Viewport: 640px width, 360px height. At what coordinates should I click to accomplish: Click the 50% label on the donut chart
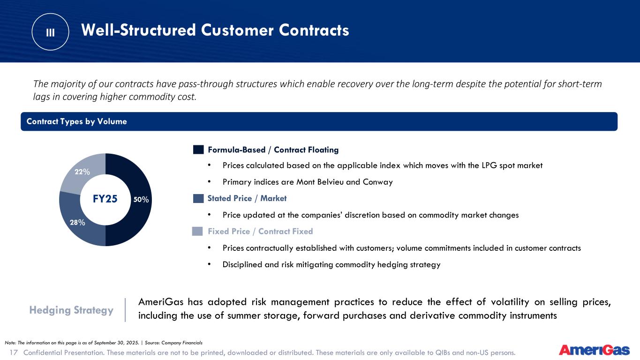[x=141, y=200]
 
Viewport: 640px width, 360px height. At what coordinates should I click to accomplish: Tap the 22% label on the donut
[x=83, y=172]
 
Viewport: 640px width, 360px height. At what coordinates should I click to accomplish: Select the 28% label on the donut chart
[x=77, y=222]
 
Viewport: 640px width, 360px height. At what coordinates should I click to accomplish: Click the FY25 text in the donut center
[x=105, y=199]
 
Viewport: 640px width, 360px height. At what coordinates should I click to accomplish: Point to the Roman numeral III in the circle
[x=50, y=32]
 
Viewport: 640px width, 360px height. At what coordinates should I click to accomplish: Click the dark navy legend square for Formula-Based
[x=198, y=150]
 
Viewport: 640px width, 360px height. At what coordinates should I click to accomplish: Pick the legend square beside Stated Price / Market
[x=198, y=198]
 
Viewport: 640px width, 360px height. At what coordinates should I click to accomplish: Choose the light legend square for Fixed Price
[x=197, y=231]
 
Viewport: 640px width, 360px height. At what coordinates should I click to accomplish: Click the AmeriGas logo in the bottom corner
[x=595, y=350]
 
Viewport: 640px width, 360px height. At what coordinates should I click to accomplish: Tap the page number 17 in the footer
[x=14, y=352]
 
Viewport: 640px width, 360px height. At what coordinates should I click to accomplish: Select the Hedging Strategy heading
[x=71, y=310]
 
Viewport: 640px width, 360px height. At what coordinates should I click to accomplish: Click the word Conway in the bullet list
[x=378, y=182]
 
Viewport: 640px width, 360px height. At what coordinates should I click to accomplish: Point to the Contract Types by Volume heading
[x=76, y=121]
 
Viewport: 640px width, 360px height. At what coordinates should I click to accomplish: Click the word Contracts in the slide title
[x=314, y=30]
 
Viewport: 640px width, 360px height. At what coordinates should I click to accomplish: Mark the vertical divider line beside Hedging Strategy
[x=125, y=310]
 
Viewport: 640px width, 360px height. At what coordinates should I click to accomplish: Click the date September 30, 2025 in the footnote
[x=117, y=343]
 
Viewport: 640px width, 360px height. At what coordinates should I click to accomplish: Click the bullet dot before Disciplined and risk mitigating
[x=209, y=264]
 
